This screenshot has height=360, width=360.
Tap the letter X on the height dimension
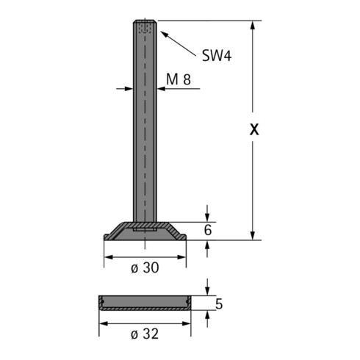[x=255, y=129]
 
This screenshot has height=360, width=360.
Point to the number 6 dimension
[x=208, y=230]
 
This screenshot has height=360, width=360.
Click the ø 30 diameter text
[x=145, y=268]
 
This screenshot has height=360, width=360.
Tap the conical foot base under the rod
[x=145, y=231]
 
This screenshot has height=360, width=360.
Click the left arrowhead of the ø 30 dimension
[x=107, y=257]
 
